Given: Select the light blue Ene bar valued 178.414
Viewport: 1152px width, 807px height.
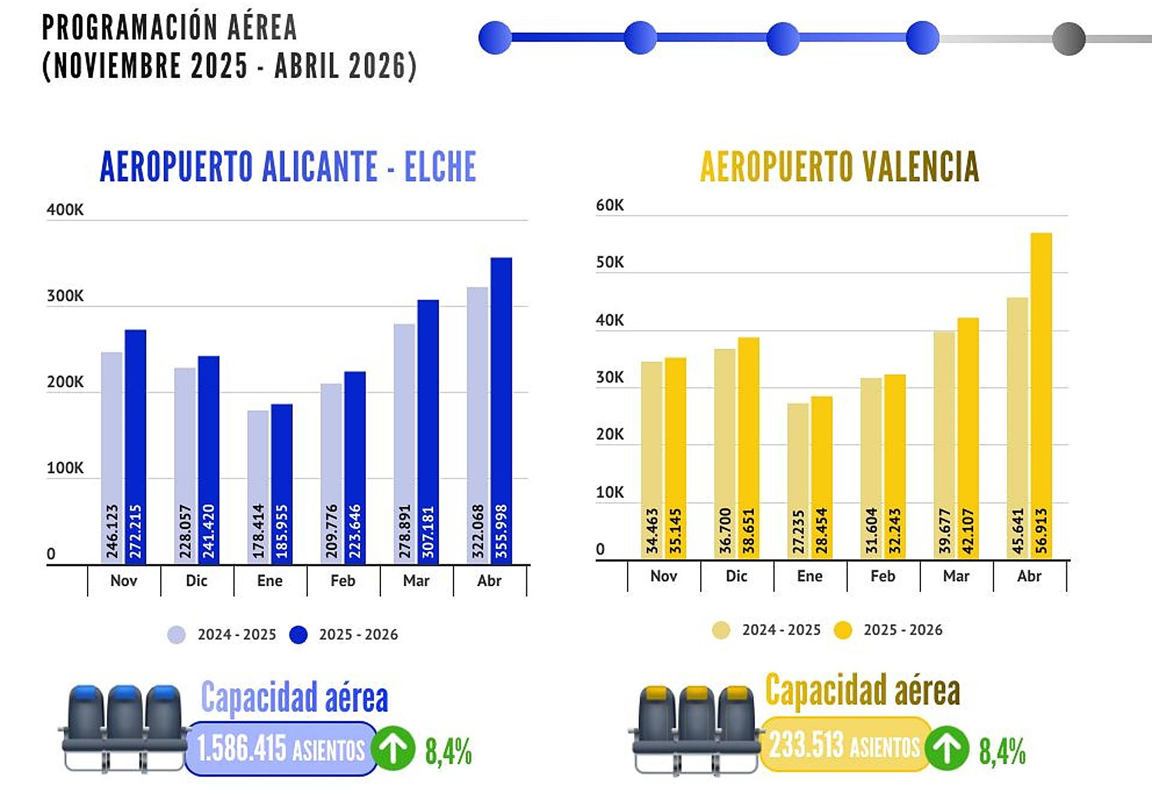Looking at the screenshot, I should click(258, 486).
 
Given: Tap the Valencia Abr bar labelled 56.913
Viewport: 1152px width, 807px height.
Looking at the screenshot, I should click(1041, 396).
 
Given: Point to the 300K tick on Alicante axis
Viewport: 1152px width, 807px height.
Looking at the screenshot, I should click(65, 296).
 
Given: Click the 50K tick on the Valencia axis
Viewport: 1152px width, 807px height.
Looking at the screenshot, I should click(610, 262).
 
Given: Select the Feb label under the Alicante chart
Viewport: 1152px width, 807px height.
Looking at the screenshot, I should click(343, 581).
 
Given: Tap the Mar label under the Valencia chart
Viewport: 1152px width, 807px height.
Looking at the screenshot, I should click(956, 576).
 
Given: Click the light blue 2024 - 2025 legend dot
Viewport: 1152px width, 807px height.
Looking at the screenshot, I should click(176, 635).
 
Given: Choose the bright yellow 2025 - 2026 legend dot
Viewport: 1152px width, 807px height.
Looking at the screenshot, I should click(843, 630).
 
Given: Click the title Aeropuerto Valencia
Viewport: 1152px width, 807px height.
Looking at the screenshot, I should click(839, 166).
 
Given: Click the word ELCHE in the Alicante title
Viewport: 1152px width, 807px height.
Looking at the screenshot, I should click(440, 166).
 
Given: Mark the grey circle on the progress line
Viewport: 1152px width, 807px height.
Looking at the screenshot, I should click(1069, 38).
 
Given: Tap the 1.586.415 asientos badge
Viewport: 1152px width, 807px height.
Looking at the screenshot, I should click(280, 749).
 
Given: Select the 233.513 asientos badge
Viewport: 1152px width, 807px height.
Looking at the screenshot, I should click(844, 745).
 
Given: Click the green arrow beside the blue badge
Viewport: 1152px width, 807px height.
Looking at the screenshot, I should click(393, 749).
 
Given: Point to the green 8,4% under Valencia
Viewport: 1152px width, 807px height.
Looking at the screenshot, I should click(1002, 751).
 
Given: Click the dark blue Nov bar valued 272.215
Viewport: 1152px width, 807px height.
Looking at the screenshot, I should click(136, 447).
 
